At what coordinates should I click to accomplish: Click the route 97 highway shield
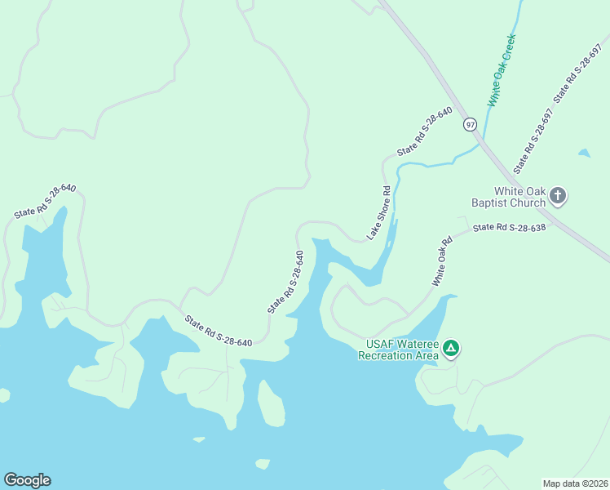(469, 124)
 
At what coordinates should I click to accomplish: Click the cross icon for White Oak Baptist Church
(558, 195)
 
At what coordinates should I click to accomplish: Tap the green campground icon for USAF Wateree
(451, 350)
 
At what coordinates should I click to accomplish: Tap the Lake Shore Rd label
(379, 212)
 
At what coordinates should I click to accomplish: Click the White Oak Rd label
(442, 261)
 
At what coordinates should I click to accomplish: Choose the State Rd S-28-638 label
(509, 227)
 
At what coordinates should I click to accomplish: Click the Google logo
(27, 480)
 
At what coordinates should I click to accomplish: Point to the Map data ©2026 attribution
(575, 483)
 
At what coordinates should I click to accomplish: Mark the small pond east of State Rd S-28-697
(584, 153)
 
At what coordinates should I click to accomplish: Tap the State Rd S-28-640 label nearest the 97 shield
(424, 131)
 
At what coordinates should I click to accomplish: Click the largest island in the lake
(271, 402)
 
